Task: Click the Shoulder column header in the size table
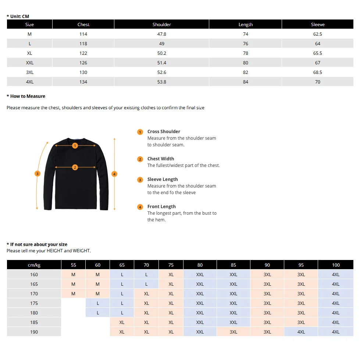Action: click(162, 25)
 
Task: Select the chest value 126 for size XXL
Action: click(83, 63)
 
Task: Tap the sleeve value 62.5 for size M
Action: click(318, 34)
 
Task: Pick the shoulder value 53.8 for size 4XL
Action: click(162, 82)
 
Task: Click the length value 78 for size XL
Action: click(246, 53)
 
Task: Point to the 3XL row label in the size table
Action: click(30, 72)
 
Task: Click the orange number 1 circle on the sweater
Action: click(75, 146)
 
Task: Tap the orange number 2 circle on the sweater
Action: click(75, 167)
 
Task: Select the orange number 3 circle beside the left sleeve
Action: click(37, 174)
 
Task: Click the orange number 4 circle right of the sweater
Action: click(114, 174)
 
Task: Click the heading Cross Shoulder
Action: click(164, 132)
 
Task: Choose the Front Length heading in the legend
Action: click(161, 207)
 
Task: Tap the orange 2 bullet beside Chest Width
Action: click(140, 159)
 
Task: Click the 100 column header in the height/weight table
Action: click(336, 265)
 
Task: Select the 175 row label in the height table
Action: click(34, 303)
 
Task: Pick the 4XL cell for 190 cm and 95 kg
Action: click(301, 332)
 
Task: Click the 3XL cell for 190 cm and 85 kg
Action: click(234, 332)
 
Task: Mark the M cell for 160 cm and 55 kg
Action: click(73, 275)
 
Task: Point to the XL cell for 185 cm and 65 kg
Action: click(122, 322)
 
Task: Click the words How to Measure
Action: click(28, 96)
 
